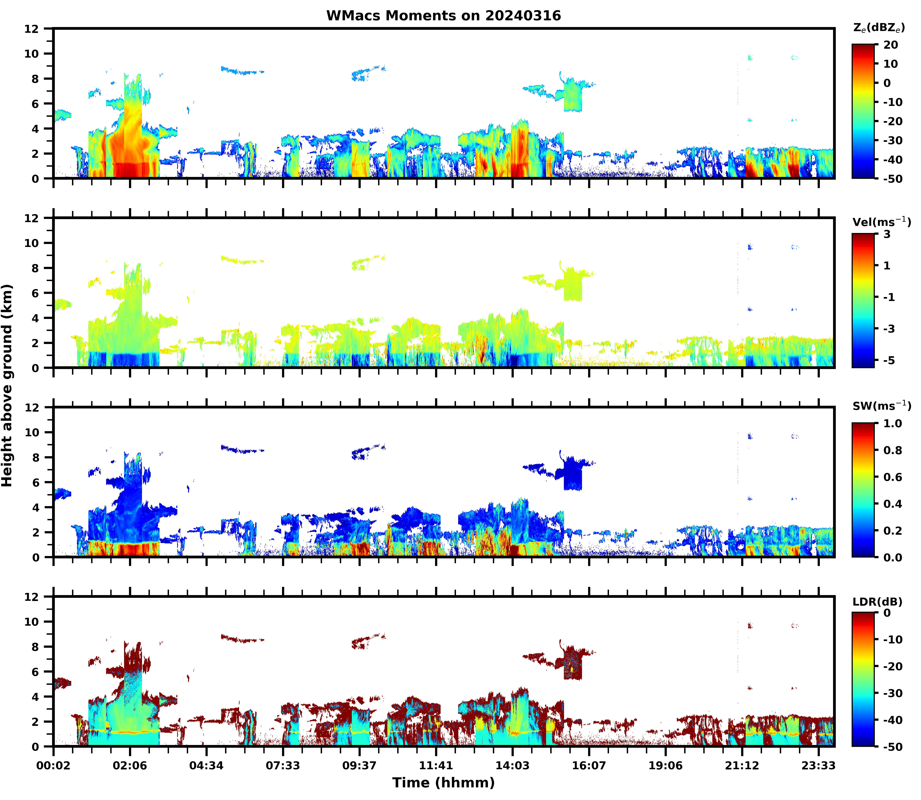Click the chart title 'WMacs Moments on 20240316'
click(443, 16)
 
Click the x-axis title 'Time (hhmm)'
click(443, 783)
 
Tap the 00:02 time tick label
click(54, 766)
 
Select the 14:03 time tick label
click(512, 766)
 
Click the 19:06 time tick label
click(665, 766)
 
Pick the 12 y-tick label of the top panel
click(32, 29)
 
